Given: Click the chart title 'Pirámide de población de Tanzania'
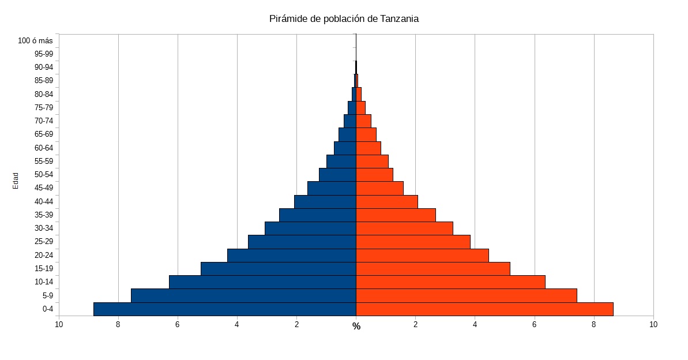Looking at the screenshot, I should tap(344, 18).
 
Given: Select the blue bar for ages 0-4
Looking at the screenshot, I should tap(224, 309).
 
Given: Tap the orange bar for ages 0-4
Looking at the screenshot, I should tap(484, 309).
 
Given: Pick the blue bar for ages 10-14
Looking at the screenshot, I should tap(262, 282).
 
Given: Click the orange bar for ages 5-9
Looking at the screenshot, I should tap(467, 295).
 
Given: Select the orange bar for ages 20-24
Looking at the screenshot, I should tap(422, 255).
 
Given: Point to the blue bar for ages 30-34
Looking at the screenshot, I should tap(310, 228).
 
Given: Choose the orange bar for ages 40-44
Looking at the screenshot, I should tap(387, 201).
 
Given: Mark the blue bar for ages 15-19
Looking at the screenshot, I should tap(278, 269).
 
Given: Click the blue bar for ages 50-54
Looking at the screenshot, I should tap(337, 175).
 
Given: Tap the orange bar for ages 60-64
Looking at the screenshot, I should tap(369, 148).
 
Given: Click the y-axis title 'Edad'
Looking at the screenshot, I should tap(16, 181).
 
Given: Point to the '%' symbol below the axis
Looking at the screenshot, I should tap(356, 327).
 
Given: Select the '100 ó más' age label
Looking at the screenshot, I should tap(36, 40).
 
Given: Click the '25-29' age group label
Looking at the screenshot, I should tap(44, 242).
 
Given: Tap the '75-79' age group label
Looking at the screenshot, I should tap(44, 107).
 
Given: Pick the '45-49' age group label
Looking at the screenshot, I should tap(44, 188).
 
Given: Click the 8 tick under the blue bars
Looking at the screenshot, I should tap(118, 324).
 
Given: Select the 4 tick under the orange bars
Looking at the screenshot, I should tap(475, 324).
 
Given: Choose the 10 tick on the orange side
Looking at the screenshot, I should tap(653, 324).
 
